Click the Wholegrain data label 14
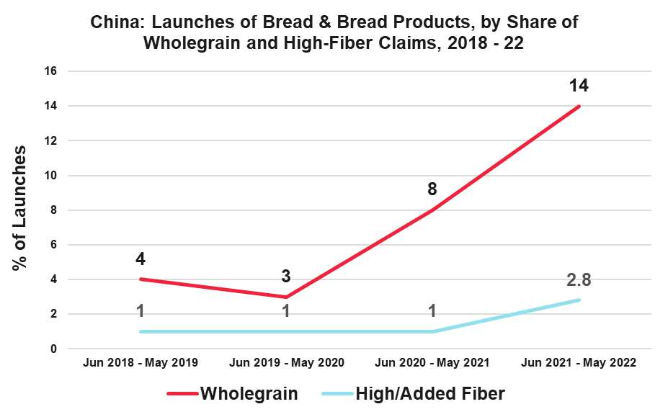click(579, 86)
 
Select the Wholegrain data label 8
click(432, 190)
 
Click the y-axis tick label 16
click(50, 71)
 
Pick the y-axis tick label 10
click(50, 176)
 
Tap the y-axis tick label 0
click(53, 349)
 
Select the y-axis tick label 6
click(53, 245)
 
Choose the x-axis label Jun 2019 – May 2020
click(287, 362)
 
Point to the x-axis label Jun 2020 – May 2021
click(432, 362)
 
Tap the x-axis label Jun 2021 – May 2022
click(579, 362)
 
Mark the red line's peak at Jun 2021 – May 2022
click(579, 107)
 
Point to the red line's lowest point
click(286, 297)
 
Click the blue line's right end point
click(579, 300)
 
